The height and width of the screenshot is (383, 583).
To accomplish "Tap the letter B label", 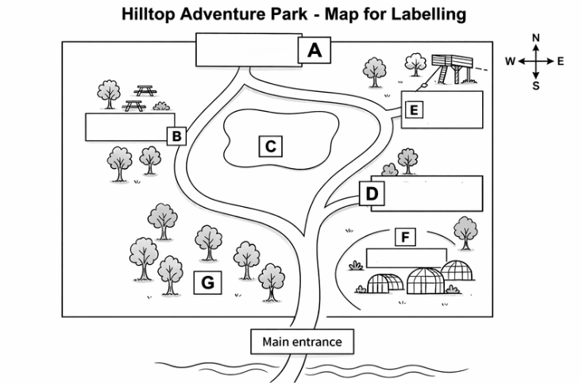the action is coord(177,136).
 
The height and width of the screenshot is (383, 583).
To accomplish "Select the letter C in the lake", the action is coord(270,146).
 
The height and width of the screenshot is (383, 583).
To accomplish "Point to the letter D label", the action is coord(372,193).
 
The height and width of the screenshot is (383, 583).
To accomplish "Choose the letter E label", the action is coord(412,109).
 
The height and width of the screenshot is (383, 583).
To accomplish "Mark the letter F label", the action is coord(405,236).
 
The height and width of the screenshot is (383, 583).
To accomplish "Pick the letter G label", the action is coord(208,282).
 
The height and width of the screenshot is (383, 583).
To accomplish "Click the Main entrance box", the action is coord(301,342).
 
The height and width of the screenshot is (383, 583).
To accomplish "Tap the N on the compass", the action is coord(535,38).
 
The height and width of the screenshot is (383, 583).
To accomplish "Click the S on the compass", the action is coord(535,86).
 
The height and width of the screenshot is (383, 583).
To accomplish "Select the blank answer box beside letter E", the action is coord(453,109).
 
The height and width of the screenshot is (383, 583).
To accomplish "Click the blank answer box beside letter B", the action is coord(125,127).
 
